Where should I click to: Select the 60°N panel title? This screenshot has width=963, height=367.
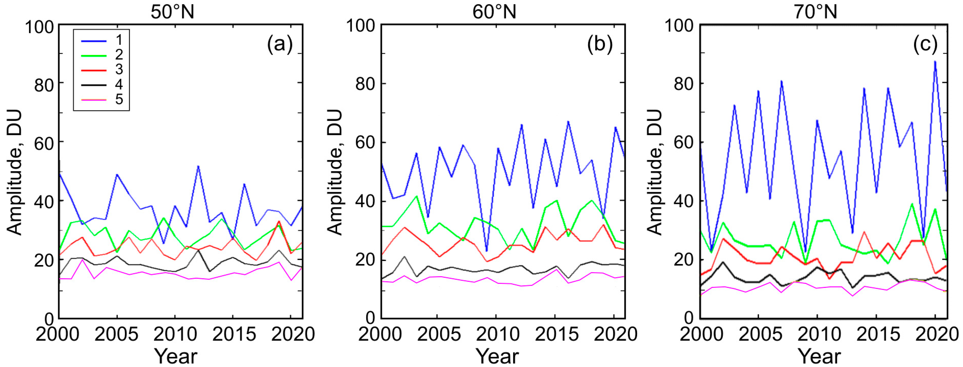[x=494, y=12]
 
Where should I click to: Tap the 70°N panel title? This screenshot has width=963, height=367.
[x=815, y=12]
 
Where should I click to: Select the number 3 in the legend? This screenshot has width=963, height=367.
[x=119, y=69]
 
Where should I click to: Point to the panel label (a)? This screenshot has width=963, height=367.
[x=280, y=45]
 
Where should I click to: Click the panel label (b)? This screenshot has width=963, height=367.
[x=600, y=45]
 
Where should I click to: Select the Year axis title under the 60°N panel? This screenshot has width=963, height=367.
[x=497, y=356]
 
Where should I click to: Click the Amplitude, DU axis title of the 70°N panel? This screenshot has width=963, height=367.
[x=654, y=172]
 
